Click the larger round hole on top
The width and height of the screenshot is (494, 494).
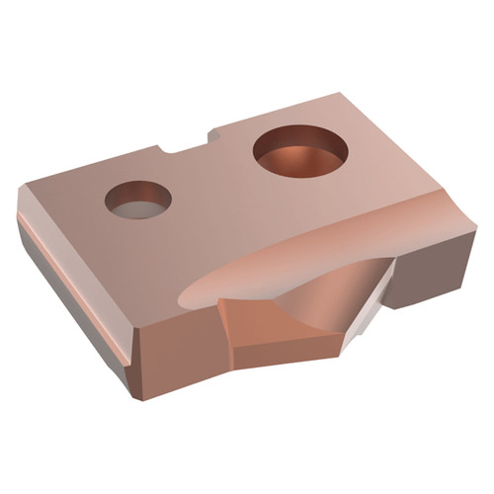(x=301, y=150)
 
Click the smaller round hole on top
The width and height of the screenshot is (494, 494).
(x=138, y=199)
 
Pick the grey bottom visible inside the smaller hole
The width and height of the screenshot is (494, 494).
(x=138, y=208)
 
